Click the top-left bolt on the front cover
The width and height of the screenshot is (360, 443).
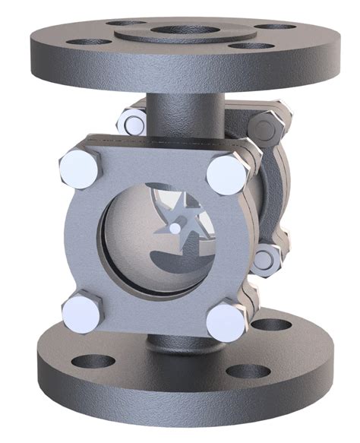[80, 166]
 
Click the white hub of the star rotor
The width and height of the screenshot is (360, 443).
[174, 227]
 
